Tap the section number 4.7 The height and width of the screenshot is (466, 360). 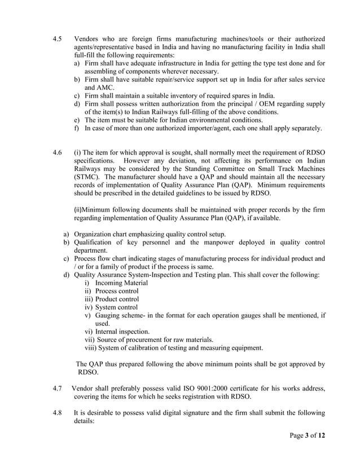point(56,389)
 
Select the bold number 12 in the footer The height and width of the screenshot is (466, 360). point(321,436)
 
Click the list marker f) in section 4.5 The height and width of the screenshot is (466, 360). point(76,128)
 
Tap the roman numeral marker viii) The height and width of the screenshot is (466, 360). point(90,348)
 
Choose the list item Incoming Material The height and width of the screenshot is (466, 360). point(121,283)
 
